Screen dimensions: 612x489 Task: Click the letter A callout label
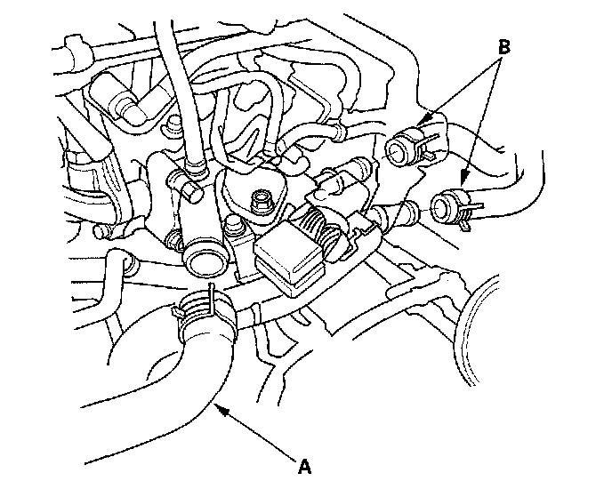coord(305,466)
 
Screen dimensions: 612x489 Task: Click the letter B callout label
coord(503,47)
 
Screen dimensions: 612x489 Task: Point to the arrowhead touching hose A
coord(221,410)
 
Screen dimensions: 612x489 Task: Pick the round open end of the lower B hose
coord(442,207)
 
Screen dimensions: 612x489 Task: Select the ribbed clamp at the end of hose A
coord(205,310)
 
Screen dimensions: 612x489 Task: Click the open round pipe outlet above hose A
coord(205,264)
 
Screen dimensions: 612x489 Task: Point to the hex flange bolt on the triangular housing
coord(259,201)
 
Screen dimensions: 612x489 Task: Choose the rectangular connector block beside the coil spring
coord(290,261)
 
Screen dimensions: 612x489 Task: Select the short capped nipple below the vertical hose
coord(192,188)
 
